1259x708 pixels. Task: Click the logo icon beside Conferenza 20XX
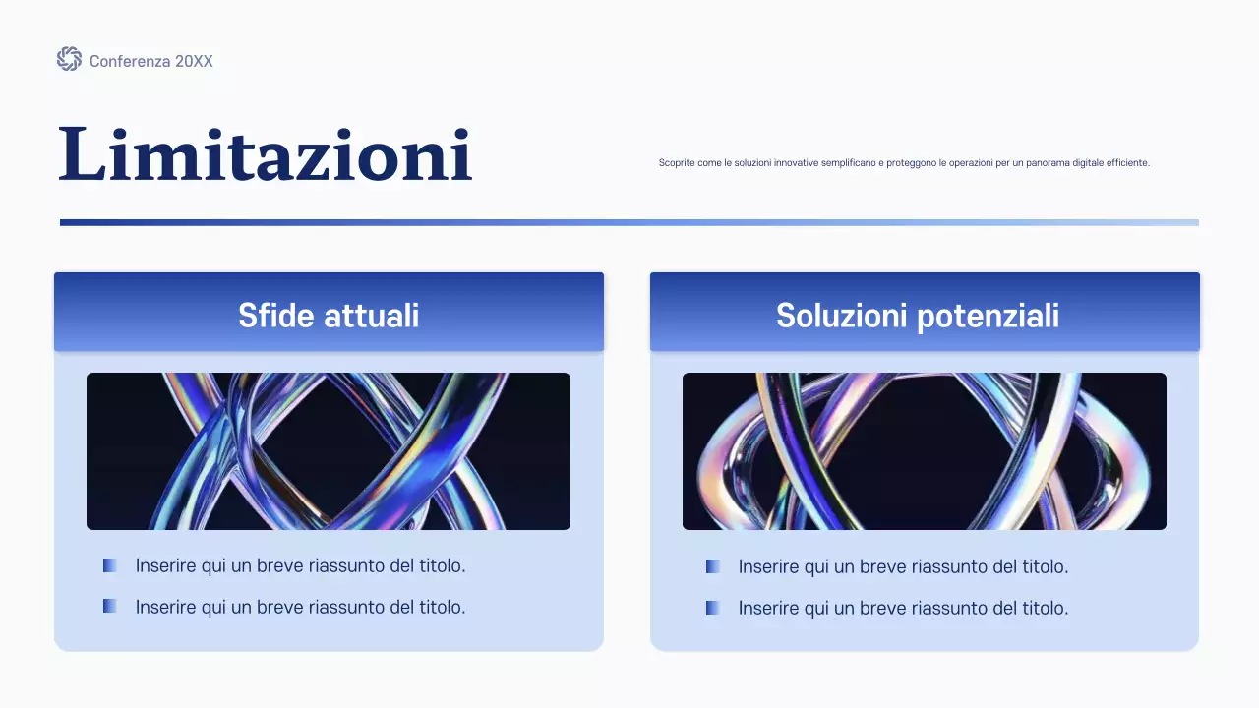69,59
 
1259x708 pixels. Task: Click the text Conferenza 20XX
150,61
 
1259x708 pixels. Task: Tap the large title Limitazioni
266,155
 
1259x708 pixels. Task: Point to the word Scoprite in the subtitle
677,163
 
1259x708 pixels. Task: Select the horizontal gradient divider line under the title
629,222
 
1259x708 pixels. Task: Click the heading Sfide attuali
329,316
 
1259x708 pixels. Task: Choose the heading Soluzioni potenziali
918,316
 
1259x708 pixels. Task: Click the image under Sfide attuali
329,451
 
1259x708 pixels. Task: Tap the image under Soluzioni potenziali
925,451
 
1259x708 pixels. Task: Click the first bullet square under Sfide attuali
110,565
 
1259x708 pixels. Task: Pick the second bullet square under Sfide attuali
110,606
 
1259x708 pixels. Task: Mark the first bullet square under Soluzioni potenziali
713,566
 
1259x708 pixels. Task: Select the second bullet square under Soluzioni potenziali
713,608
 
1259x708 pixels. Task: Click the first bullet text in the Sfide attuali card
300,565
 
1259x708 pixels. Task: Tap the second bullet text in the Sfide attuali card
300,607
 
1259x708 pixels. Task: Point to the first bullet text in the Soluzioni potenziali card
903,567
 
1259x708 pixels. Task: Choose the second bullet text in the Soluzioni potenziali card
903,609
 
